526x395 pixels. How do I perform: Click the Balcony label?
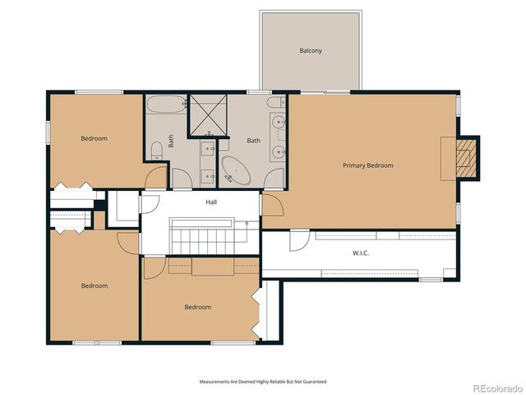[x=310, y=51]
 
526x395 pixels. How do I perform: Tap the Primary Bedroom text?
[x=367, y=165]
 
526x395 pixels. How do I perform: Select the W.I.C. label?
[x=361, y=253]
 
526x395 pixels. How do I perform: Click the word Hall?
[x=211, y=201]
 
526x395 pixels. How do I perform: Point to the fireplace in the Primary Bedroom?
[x=466, y=156]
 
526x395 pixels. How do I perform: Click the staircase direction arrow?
[x=247, y=222]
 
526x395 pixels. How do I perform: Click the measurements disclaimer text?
[x=263, y=382]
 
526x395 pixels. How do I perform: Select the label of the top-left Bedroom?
[x=94, y=138]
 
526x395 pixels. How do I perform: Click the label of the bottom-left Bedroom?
[x=94, y=286]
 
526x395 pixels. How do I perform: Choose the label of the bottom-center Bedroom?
[x=197, y=307]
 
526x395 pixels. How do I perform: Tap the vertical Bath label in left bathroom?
[x=172, y=141]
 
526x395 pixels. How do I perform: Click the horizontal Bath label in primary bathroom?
[x=253, y=141]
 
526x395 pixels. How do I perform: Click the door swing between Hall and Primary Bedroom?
[x=273, y=205]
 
